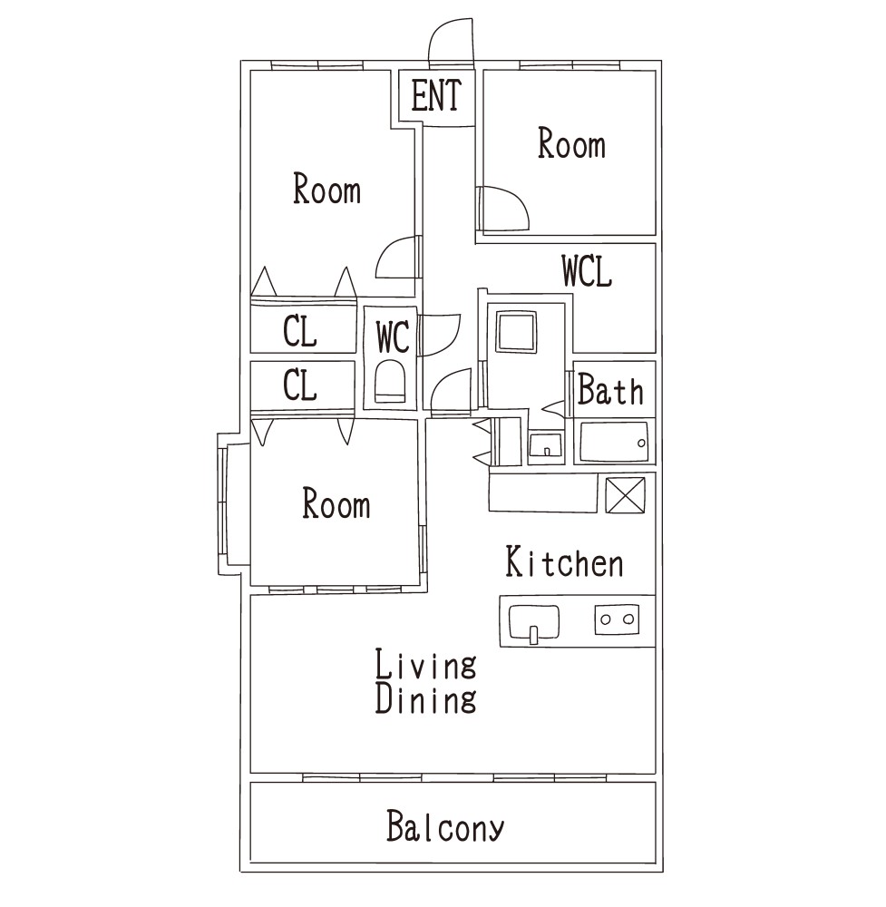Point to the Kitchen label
[x=564, y=561]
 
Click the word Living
[x=425, y=664]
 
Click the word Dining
[x=425, y=697]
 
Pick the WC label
[x=393, y=336]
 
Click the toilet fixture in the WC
[x=390, y=381]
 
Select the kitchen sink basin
[x=534, y=622]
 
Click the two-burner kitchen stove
[x=617, y=619]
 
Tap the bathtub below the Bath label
[x=614, y=442]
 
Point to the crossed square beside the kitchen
[x=625, y=494]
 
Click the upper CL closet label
[x=300, y=331]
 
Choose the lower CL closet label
[x=300, y=385]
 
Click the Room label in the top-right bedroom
[x=571, y=143]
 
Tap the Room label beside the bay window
[x=336, y=503]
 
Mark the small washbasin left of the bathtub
[x=545, y=446]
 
